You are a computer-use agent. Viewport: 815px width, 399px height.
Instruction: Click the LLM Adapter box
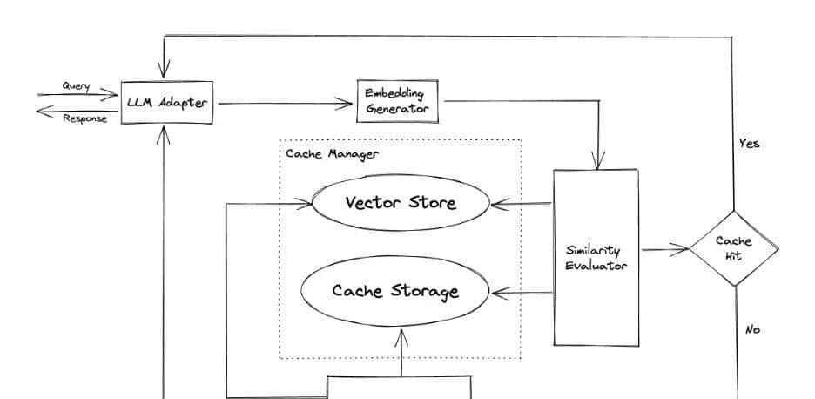tap(167, 102)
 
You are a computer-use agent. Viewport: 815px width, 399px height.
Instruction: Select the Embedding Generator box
tap(397, 102)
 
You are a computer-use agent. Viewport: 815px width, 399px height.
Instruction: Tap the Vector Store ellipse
tap(401, 204)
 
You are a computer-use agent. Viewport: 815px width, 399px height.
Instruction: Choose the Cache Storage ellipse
tap(394, 290)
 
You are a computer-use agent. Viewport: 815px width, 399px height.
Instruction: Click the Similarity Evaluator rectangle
tap(596, 258)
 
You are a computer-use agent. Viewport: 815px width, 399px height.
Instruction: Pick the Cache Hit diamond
tap(733, 248)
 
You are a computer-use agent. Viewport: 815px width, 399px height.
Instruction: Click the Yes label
tap(749, 144)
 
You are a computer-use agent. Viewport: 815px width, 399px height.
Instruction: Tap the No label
tap(753, 330)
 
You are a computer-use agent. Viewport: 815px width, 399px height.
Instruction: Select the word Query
tap(76, 85)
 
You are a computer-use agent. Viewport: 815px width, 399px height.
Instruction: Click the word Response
tap(84, 118)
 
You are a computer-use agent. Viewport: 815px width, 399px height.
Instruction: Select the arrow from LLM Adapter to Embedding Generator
tap(283, 105)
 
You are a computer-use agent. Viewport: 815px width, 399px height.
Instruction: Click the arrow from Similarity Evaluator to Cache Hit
tap(663, 250)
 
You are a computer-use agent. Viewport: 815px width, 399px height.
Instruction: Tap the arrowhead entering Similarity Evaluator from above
tap(598, 162)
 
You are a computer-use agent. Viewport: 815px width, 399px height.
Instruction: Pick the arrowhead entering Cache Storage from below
tap(401, 336)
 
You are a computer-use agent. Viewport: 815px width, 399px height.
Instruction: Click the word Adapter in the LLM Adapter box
tap(184, 103)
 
